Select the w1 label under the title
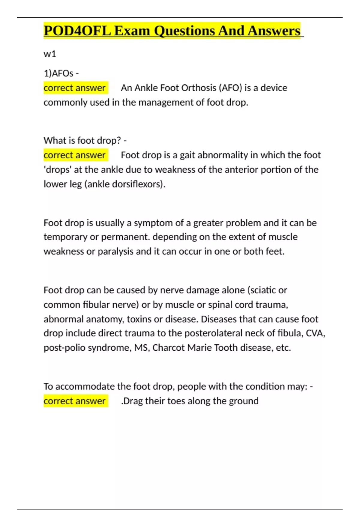coord(50,54)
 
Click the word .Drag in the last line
coord(132,401)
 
